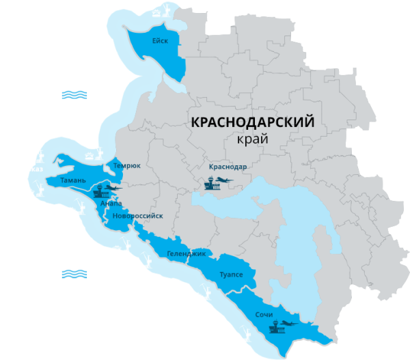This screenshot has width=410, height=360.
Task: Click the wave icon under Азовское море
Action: [x=74, y=95]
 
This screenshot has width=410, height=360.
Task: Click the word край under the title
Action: [x=249, y=139]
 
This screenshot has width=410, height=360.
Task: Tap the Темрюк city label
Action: [x=127, y=165]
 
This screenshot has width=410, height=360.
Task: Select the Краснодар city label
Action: [x=228, y=166]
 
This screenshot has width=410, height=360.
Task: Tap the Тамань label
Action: [x=73, y=180]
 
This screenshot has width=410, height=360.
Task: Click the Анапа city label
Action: [x=111, y=203]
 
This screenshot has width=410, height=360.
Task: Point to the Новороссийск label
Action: [x=138, y=216]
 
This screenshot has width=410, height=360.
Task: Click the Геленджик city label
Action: [x=186, y=253]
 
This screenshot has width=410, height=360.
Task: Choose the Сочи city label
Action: [x=264, y=315]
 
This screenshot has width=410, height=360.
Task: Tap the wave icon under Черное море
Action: [x=74, y=274]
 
